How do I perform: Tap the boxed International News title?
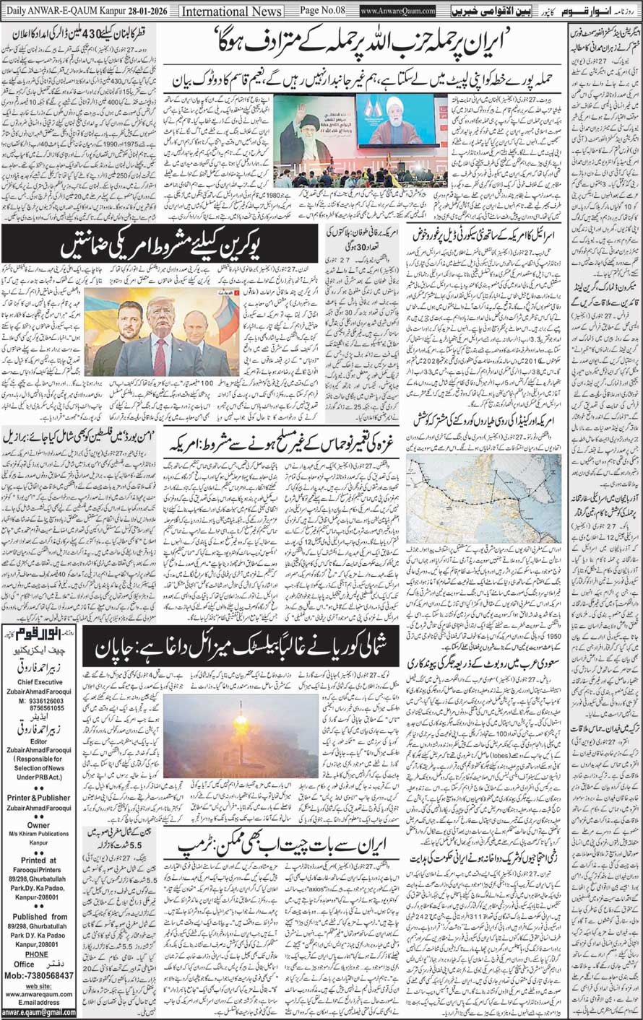pyautogui.click(x=231, y=12)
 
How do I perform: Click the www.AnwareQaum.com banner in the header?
pyautogui.click(x=398, y=12)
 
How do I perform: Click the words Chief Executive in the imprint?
pyautogui.click(x=40, y=683)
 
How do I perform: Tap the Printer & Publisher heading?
pyautogui.click(x=40, y=798)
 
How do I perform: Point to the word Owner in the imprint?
pyautogui.click(x=39, y=825)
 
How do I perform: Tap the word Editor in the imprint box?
pyautogui.click(x=39, y=741)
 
